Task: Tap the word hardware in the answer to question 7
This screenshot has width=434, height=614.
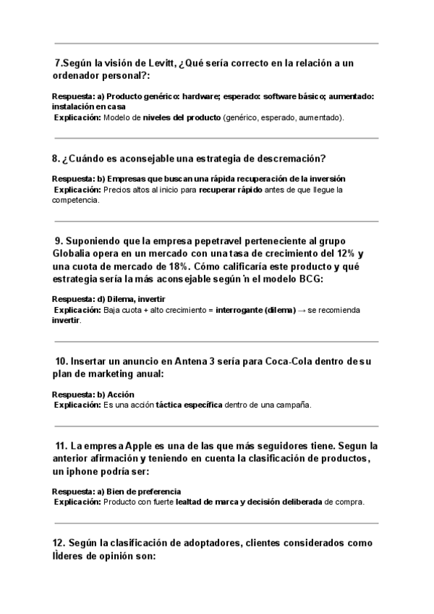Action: coord(200,96)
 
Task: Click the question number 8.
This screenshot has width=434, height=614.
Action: coord(56,158)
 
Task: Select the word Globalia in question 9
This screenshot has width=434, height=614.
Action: coord(74,254)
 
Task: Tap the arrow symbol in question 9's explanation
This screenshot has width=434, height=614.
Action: coord(304,310)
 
